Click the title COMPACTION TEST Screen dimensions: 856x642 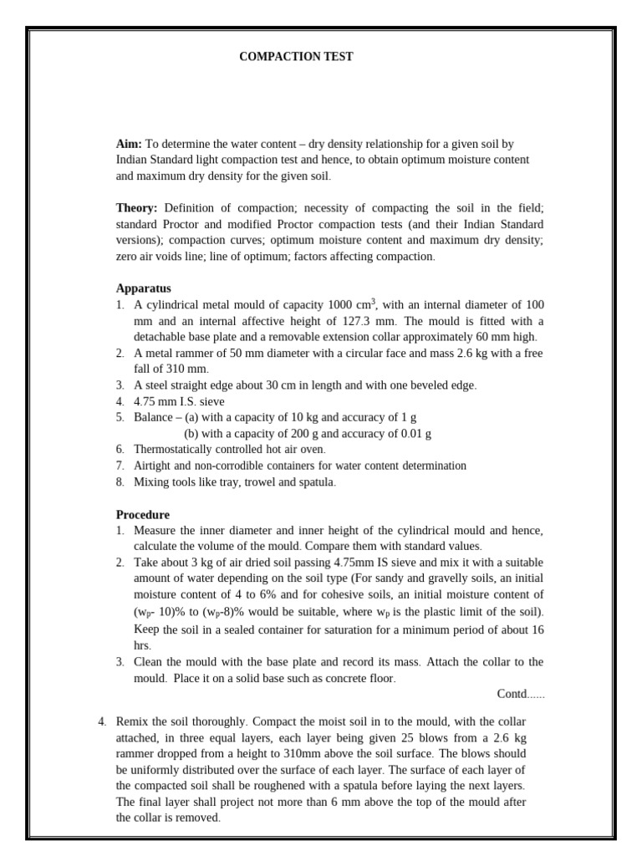pyautogui.click(x=296, y=57)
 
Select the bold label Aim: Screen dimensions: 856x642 pyautogui.click(x=129, y=144)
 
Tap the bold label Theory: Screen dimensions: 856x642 pyautogui.click(x=136, y=208)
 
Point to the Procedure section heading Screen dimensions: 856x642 pyautogui.click(x=142, y=515)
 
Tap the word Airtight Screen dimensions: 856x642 pyautogui.click(x=155, y=466)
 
